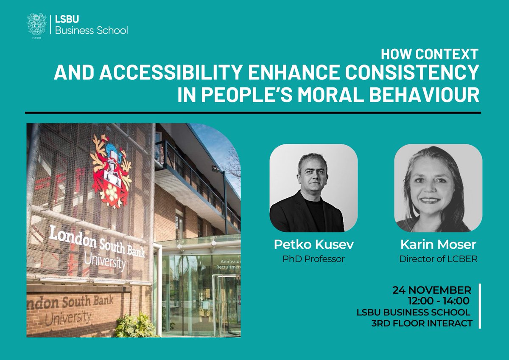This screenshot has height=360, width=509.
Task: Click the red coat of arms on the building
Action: click(x=111, y=170)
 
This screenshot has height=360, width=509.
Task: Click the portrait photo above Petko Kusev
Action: click(x=313, y=188)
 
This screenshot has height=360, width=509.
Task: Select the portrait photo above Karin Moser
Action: click(x=438, y=188)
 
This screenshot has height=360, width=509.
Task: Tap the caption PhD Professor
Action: click(x=313, y=259)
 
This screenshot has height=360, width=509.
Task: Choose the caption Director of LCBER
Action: click(x=438, y=259)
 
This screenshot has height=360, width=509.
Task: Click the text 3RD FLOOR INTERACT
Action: click(x=422, y=323)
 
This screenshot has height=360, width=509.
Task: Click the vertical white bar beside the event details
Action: click(x=480, y=306)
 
